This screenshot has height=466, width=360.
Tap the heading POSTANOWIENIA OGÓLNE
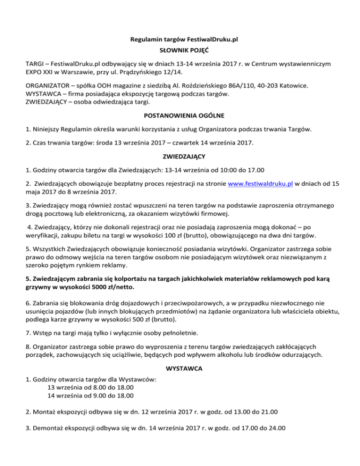pyautogui.click(x=180, y=117)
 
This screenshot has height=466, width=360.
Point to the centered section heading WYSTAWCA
pyautogui.click(x=180, y=369)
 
